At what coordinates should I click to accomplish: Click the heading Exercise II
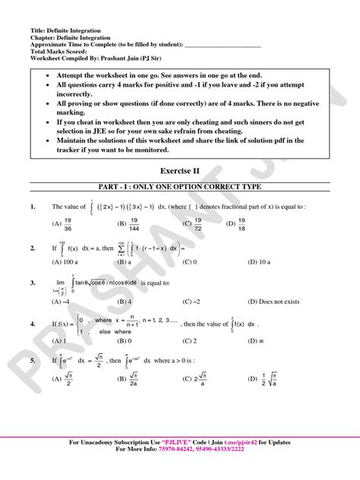tap(180, 172)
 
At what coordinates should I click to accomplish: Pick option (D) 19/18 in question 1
tap(238, 225)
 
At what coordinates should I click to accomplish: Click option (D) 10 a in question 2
tap(238, 261)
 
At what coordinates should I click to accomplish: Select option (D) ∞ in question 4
tap(235, 341)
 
